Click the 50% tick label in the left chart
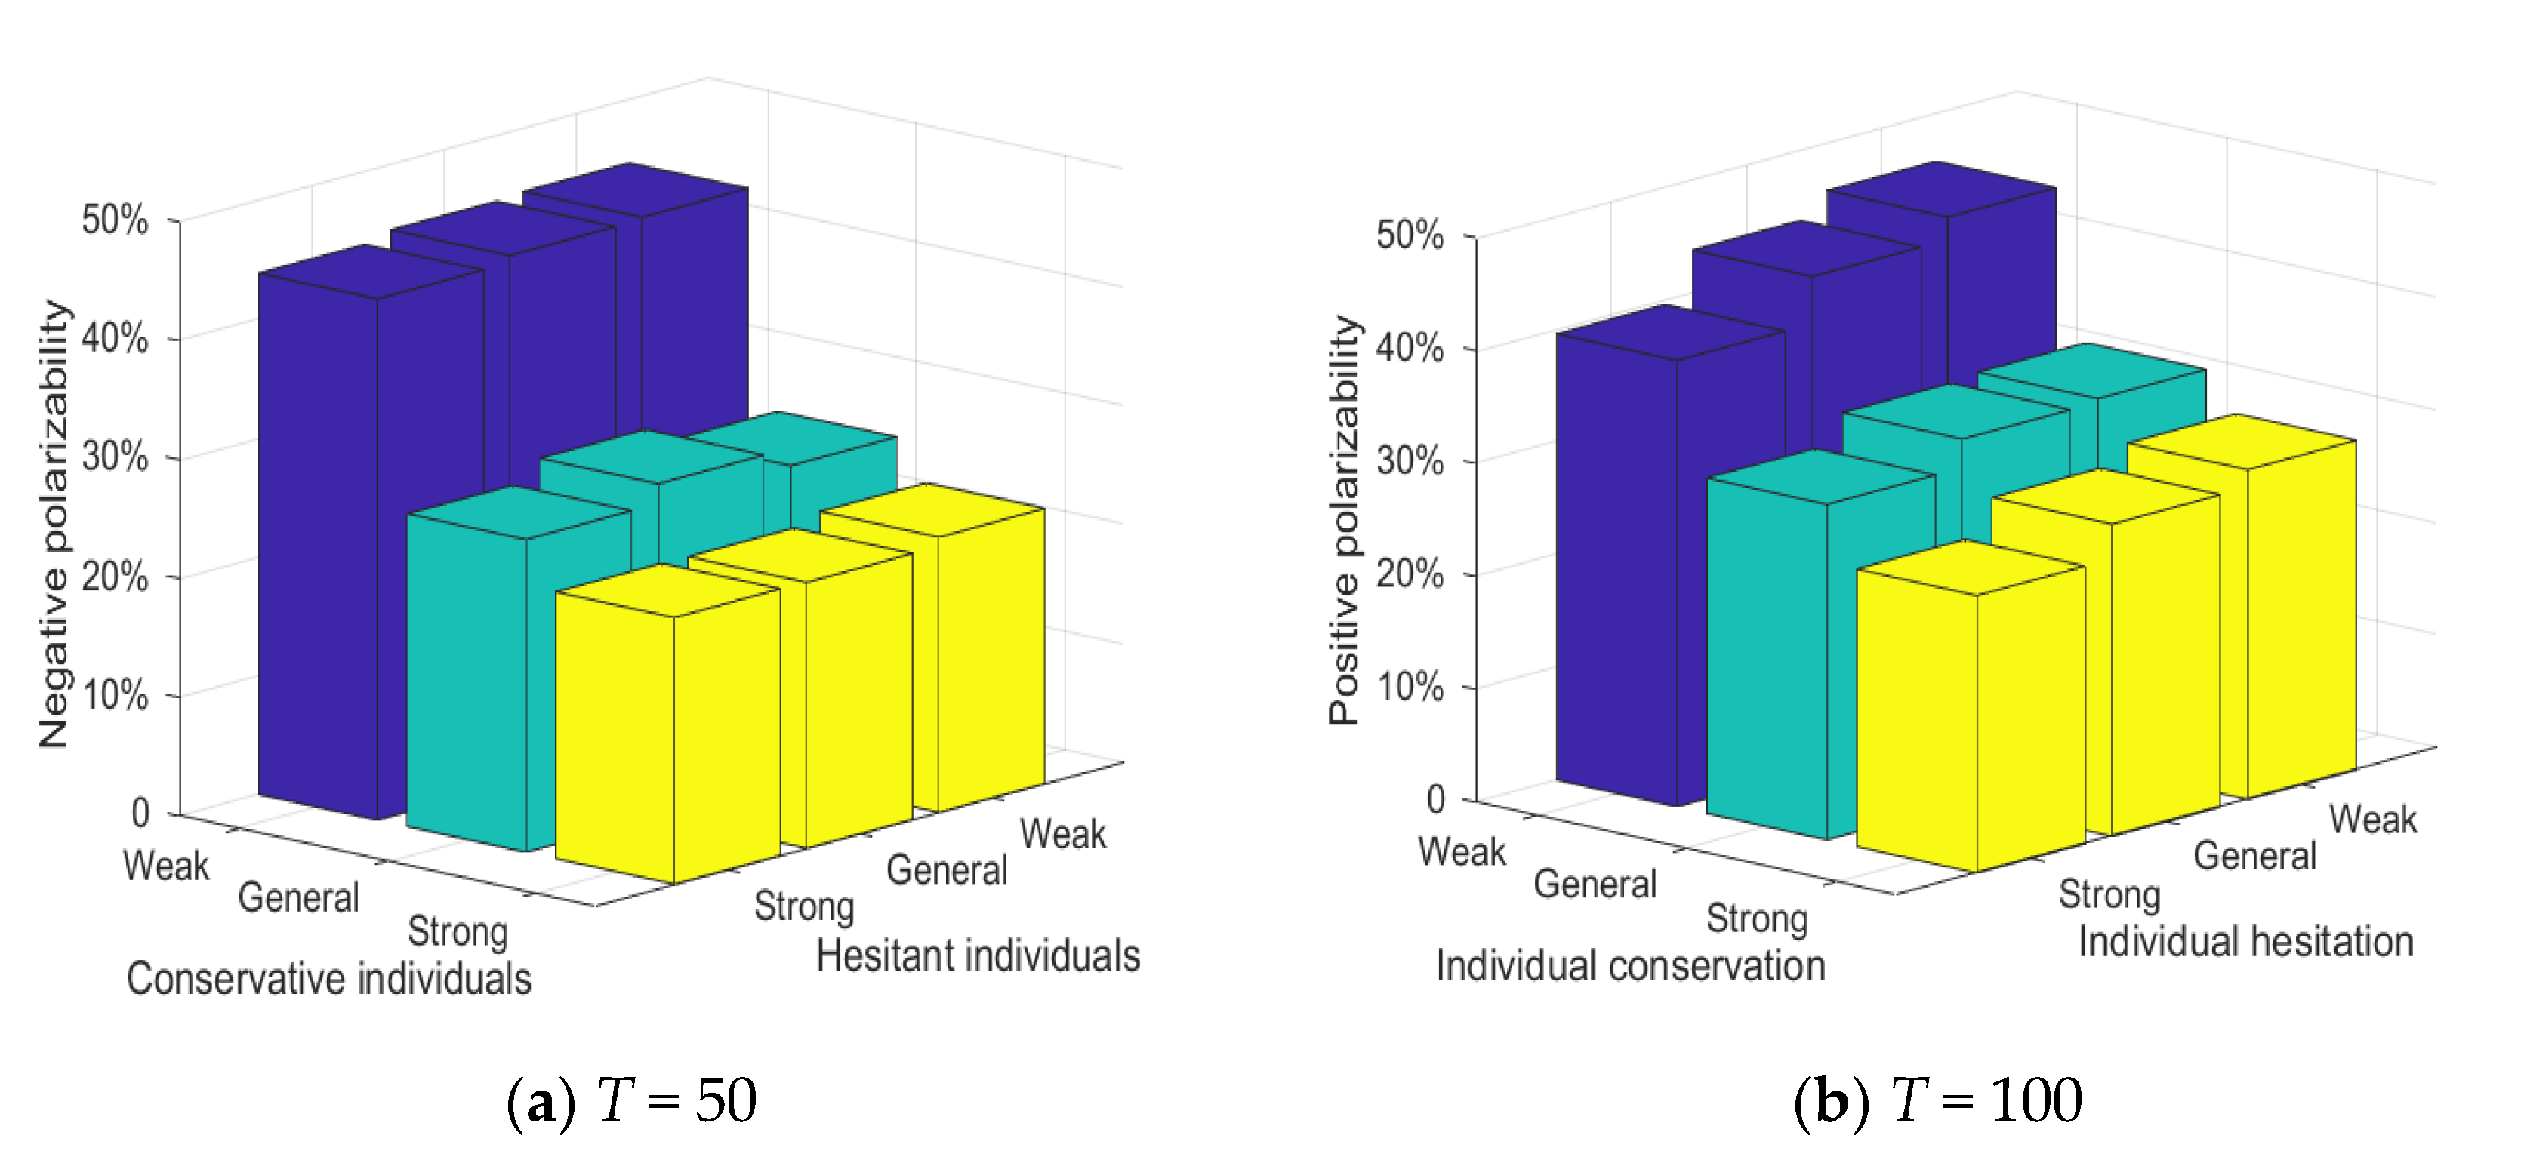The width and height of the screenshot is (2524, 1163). pyautogui.click(x=115, y=220)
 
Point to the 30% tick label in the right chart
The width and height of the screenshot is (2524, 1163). pyautogui.click(x=1409, y=460)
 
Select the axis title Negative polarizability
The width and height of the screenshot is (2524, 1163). pyautogui.click(x=55, y=525)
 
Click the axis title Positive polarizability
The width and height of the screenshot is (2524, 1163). pyautogui.click(x=1345, y=520)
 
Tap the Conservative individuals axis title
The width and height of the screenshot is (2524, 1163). pyautogui.click(x=328, y=979)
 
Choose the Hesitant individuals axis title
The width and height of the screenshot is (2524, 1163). pyautogui.click(x=978, y=955)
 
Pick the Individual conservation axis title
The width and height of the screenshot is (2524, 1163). pyautogui.click(x=1630, y=966)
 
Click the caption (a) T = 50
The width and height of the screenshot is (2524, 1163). pyautogui.click(x=631, y=1100)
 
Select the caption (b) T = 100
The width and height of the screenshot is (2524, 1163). pyautogui.click(x=1937, y=1100)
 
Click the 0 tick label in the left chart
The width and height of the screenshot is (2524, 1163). pyautogui.click(x=141, y=814)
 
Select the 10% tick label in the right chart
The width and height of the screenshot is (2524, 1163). pyautogui.click(x=1409, y=687)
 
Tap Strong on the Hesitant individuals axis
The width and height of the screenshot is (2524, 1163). pyautogui.click(x=803, y=906)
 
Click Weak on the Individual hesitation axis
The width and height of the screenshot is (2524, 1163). pyautogui.click(x=2372, y=819)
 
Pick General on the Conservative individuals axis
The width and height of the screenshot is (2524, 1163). pyautogui.click(x=299, y=897)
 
